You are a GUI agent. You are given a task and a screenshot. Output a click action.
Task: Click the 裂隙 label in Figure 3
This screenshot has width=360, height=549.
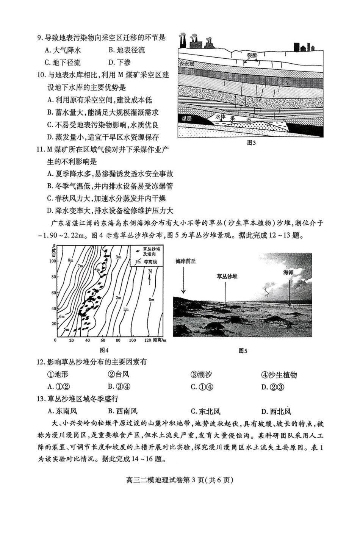252,55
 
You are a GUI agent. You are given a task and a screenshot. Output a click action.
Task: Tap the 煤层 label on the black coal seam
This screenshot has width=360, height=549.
186,119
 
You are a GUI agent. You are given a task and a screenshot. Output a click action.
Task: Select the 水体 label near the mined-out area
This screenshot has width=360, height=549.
221,117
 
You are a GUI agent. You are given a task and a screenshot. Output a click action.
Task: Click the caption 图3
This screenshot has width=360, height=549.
251,143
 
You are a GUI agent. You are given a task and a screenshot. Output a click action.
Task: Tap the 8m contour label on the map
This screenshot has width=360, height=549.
70,260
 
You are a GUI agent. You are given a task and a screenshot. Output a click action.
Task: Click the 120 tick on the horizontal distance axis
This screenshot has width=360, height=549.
148,340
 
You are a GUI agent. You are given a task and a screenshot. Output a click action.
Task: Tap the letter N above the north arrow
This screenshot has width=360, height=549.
150,271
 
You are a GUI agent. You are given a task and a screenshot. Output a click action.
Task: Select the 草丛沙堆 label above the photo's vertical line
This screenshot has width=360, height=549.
227,277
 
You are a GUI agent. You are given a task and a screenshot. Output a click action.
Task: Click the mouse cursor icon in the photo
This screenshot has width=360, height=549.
267,292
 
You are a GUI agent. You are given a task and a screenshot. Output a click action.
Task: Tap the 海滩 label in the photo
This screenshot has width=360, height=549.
288,272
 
